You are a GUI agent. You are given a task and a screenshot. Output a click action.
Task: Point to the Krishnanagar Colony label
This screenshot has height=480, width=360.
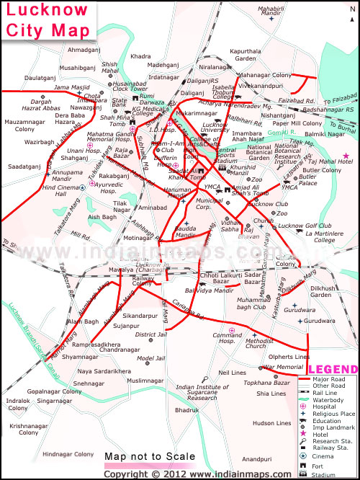[x=29, y=429]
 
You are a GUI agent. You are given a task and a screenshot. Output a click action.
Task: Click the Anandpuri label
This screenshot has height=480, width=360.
[x=257, y=458]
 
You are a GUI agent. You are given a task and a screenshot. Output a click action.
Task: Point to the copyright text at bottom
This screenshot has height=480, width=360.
[x=180, y=474]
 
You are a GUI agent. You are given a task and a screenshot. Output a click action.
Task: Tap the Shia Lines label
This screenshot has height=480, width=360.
[x=271, y=394]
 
